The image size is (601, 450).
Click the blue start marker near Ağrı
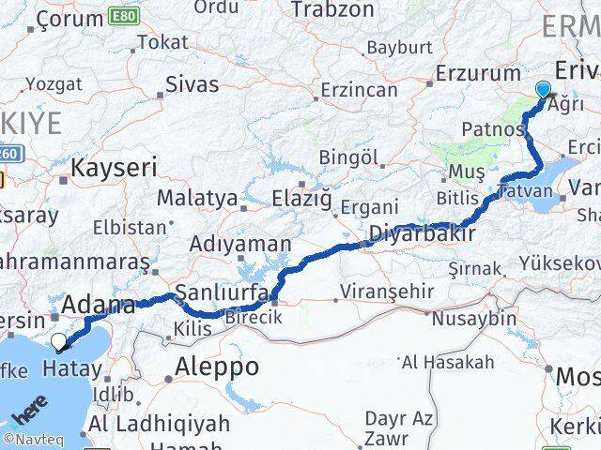pos(543,91)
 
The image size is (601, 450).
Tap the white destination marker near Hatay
pos(60,342)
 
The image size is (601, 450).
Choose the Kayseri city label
pos(114,168)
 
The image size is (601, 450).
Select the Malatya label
pos(197,198)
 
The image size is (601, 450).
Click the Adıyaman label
pos(240,244)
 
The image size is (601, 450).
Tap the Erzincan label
pos(359,90)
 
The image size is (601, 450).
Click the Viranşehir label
pos(386,291)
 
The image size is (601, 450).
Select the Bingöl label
pos(348,157)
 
